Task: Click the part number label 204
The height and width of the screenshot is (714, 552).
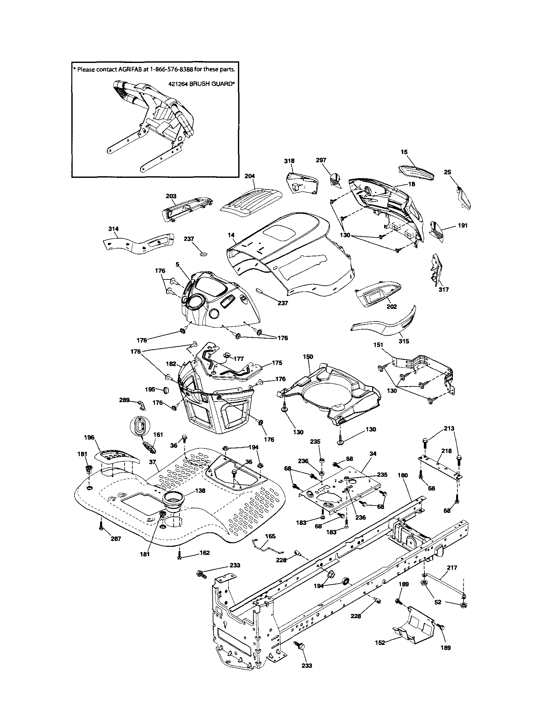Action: [x=250, y=176]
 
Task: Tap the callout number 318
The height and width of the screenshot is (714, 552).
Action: [x=289, y=160]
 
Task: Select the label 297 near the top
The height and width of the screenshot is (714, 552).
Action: [x=321, y=160]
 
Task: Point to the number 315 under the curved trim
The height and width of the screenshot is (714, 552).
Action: [x=404, y=341]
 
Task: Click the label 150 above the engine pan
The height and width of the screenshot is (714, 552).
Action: [x=308, y=356]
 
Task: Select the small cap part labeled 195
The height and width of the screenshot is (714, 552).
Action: [x=167, y=390]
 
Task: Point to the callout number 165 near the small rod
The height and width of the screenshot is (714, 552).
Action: [x=270, y=536]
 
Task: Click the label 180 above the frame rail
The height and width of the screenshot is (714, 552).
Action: [x=403, y=475]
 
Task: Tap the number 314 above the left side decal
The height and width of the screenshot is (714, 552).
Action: [x=114, y=229]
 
